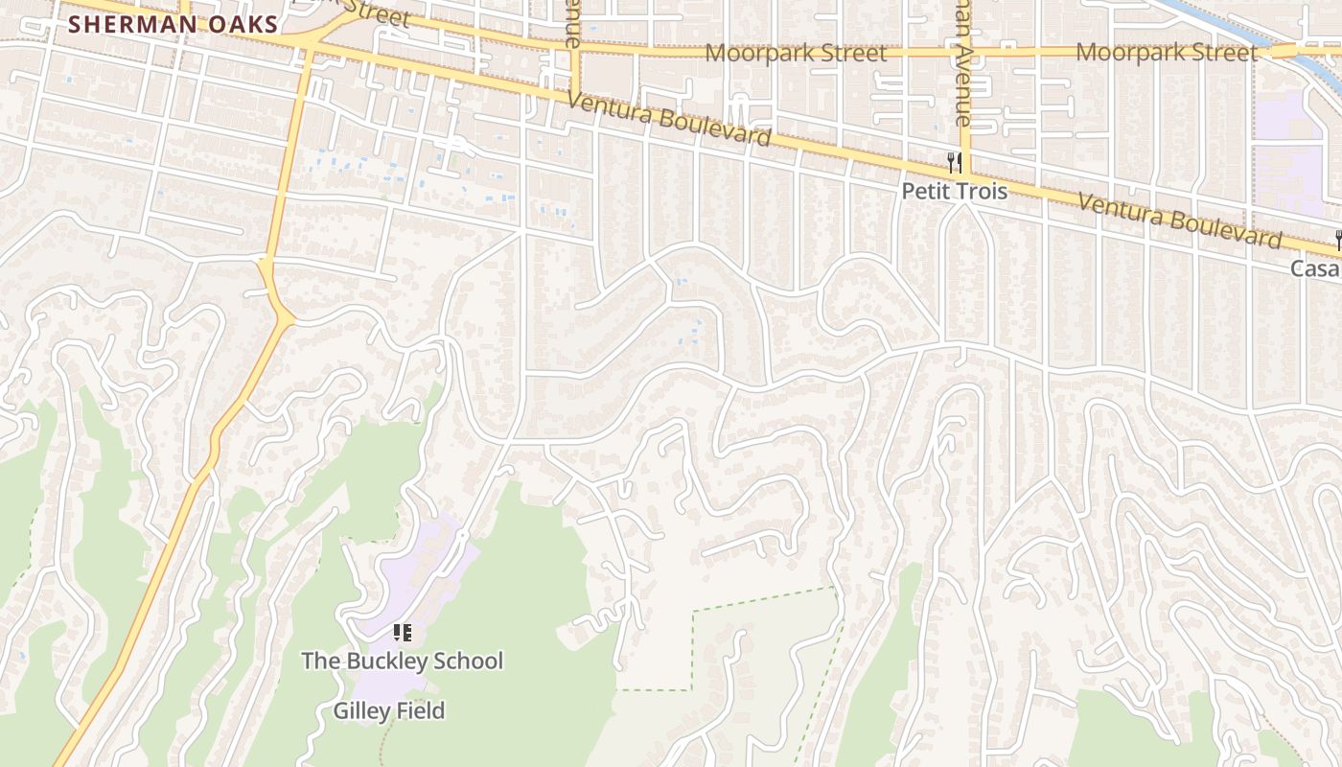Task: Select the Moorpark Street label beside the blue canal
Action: (x=1165, y=52)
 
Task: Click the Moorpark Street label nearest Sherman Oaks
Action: (x=795, y=52)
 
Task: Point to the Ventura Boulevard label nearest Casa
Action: (x=1179, y=221)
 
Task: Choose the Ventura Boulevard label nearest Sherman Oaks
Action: (x=668, y=119)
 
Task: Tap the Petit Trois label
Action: (x=954, y=192)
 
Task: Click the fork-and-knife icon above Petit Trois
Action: (x=954, y=162)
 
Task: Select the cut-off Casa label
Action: (x=1315, y=268)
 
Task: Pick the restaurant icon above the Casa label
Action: (x=1337, y=240)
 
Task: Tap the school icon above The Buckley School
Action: (x=403, y=633)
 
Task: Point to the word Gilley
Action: (x=361, y=710)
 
